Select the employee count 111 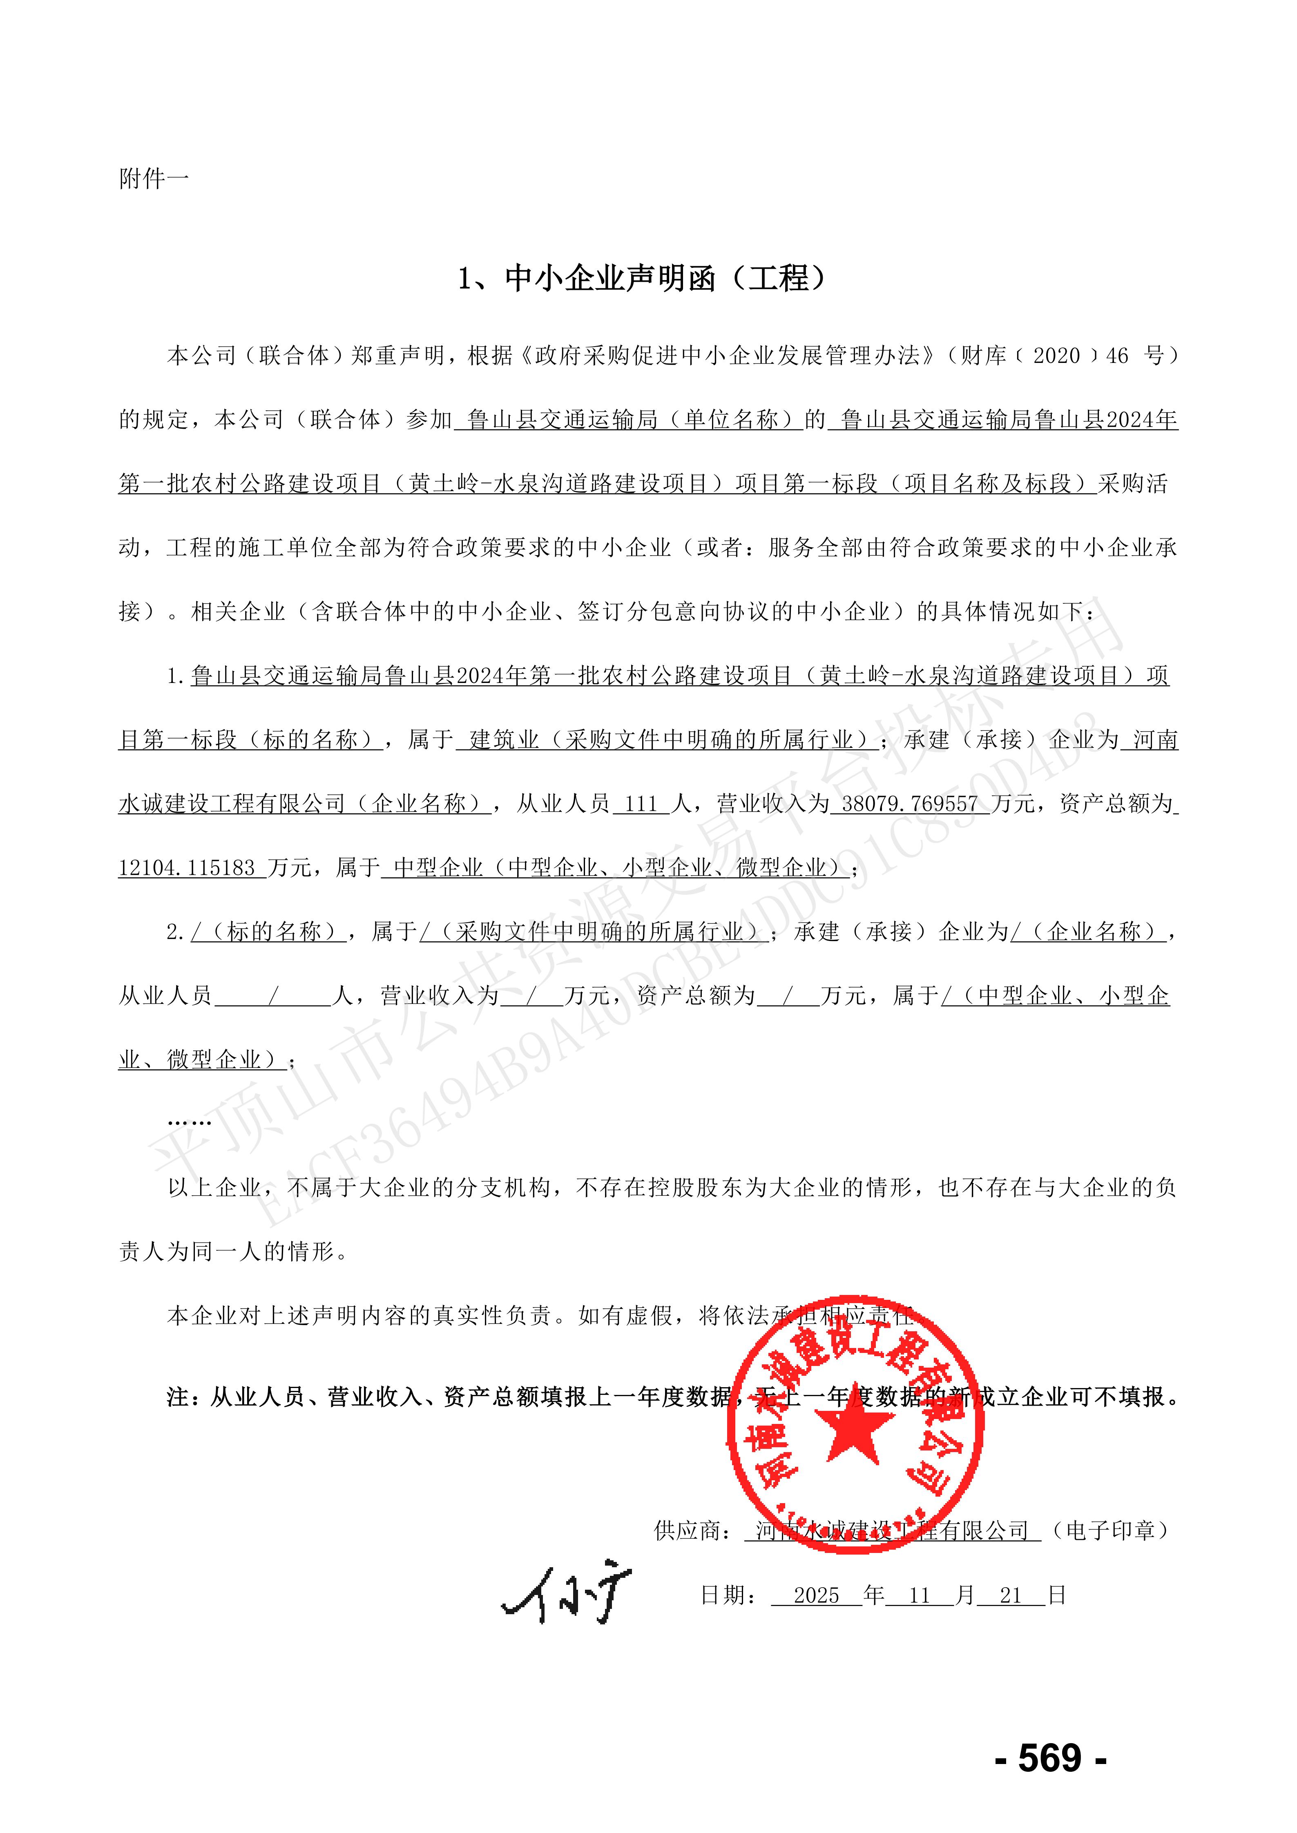tap(641, 804)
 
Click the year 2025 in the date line tap(816, 1595)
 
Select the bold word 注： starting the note tap(187, 1396)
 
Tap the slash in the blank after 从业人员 tap(273, 996)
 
